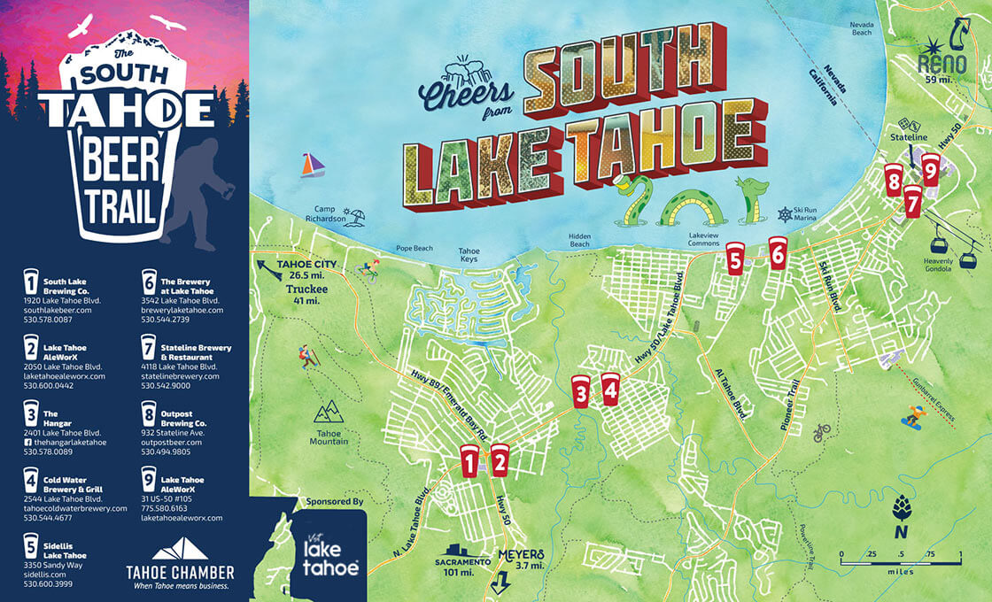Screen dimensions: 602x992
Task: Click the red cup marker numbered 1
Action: (469, 460)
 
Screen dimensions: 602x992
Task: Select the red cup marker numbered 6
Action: (778, 253)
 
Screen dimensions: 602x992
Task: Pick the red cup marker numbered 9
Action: (930, 169)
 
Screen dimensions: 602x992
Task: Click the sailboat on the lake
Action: (312, 166)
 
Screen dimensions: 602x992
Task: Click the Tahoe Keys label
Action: (469, 256)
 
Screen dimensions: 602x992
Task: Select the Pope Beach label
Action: (415, 249)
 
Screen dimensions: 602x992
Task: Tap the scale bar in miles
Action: (900, 561)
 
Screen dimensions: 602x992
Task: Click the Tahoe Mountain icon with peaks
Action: (329, 411)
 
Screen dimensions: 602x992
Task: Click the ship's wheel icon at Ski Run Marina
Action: (783, 214)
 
